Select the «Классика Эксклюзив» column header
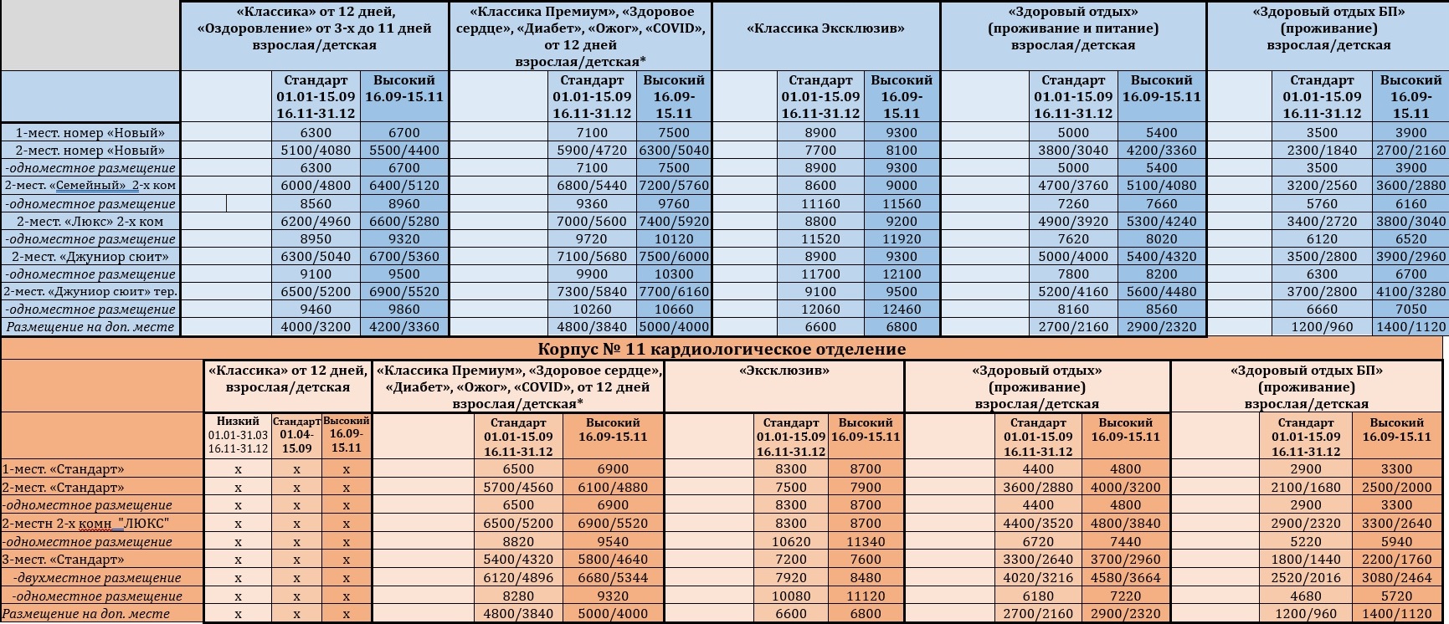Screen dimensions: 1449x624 (825, 28)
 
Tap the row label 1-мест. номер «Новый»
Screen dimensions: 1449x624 (90, 132)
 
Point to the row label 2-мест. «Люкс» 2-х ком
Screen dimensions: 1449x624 (90, 222)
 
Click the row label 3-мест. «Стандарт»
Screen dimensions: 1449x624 (63, 560)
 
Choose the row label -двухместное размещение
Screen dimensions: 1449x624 (97, 578)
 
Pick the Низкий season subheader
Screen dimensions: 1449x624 (238, 422)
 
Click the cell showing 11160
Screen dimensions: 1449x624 (820, 204)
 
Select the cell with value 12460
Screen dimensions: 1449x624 (902, 309)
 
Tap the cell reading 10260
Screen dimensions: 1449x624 (592, 309)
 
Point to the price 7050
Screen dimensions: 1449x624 (1410, 309)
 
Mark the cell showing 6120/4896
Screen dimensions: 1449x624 (518, 578)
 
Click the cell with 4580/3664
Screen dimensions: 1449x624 (1126, 578)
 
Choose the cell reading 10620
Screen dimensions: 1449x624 (790, 542)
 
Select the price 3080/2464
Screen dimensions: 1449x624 (1397, 578)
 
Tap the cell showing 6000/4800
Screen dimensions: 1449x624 (316, 186)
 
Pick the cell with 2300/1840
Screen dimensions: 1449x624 (1322, 151)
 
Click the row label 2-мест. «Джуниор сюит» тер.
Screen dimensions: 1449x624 (90, 292)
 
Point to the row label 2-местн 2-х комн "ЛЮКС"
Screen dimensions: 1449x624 (86, 524)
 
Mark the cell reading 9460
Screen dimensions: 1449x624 (316, 309)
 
